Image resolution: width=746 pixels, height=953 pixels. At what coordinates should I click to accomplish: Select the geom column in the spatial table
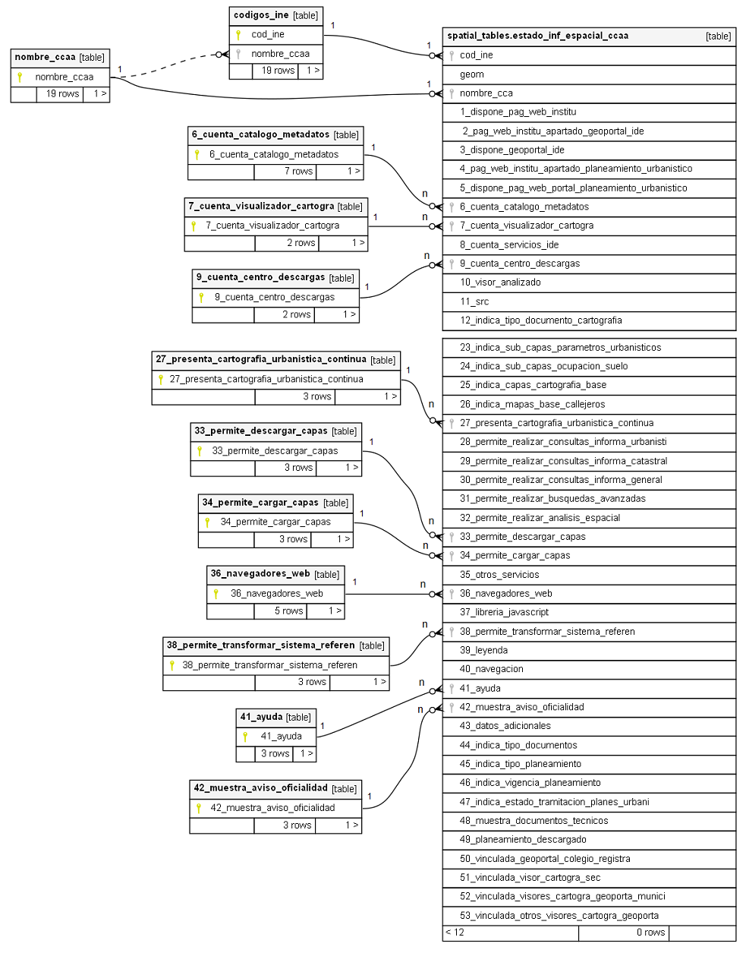point(471,74)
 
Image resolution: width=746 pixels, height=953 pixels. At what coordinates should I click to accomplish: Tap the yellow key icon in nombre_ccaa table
point(20,77)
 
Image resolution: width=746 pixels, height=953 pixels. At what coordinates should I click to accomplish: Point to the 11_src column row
point(474,301)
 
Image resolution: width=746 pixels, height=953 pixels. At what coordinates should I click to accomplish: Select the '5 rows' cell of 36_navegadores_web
point(288,611)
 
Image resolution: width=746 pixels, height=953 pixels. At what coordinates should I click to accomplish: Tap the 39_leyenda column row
point(483,650)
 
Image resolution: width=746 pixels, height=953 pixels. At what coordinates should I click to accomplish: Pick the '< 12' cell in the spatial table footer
point(455,932)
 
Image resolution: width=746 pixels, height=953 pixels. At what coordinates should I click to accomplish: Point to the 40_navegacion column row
point(491,669)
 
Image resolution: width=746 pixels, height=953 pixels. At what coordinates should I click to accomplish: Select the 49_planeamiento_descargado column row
point(523,840)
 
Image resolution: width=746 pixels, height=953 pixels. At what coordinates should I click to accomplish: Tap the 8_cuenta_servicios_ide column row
point(508,245)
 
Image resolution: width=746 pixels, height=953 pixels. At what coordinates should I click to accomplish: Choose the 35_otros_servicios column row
point(499,575)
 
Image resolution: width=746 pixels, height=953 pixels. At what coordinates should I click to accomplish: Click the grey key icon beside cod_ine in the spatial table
point(452,55)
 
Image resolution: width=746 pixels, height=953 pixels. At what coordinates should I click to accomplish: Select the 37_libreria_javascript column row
point(504,612)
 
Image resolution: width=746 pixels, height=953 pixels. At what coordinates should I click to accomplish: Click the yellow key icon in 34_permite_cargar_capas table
point(207,522)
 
